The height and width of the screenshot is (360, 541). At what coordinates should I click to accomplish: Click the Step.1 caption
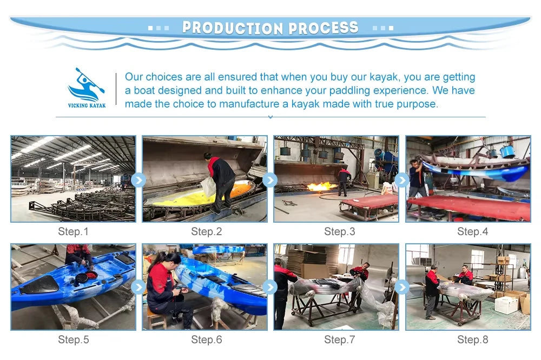pos(72,232)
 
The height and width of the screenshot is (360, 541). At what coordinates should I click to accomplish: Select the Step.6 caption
pos(206,340)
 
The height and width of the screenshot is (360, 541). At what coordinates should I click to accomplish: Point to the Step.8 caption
pos(472,340)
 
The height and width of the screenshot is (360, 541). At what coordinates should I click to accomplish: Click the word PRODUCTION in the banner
pos(232,28)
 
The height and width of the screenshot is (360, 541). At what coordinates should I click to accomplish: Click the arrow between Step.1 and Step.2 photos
pos(138,180)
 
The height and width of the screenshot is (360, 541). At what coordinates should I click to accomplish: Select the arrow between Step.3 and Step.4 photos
pos(402,180)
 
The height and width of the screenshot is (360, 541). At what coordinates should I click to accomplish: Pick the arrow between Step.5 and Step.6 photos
pos(138,287)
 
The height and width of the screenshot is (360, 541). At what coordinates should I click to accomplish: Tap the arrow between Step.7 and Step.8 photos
pos(402,287)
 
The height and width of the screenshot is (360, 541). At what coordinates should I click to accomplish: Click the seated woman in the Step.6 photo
pos(165,286)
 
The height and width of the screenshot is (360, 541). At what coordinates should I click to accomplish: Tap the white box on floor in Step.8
pos(506,305)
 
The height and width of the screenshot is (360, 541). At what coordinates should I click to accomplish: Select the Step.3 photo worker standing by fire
pos(344,179)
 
